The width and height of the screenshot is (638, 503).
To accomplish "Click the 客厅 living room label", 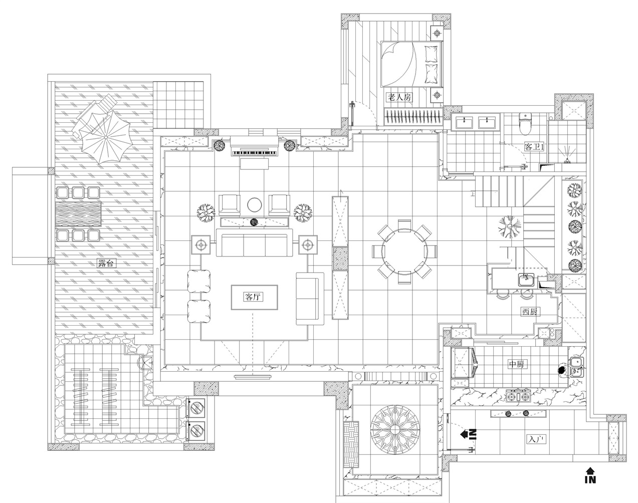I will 254,297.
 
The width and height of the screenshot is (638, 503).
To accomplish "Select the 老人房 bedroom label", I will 398,98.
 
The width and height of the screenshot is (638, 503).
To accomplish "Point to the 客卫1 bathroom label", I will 533,147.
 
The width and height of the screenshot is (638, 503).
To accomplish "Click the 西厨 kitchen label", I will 530,312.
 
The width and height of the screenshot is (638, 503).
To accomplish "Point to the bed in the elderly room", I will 412,64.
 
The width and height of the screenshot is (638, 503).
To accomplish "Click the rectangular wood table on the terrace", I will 77,214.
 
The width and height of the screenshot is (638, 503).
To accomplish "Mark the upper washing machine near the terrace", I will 197,408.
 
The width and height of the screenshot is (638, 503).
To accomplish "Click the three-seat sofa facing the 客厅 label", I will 254,244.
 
